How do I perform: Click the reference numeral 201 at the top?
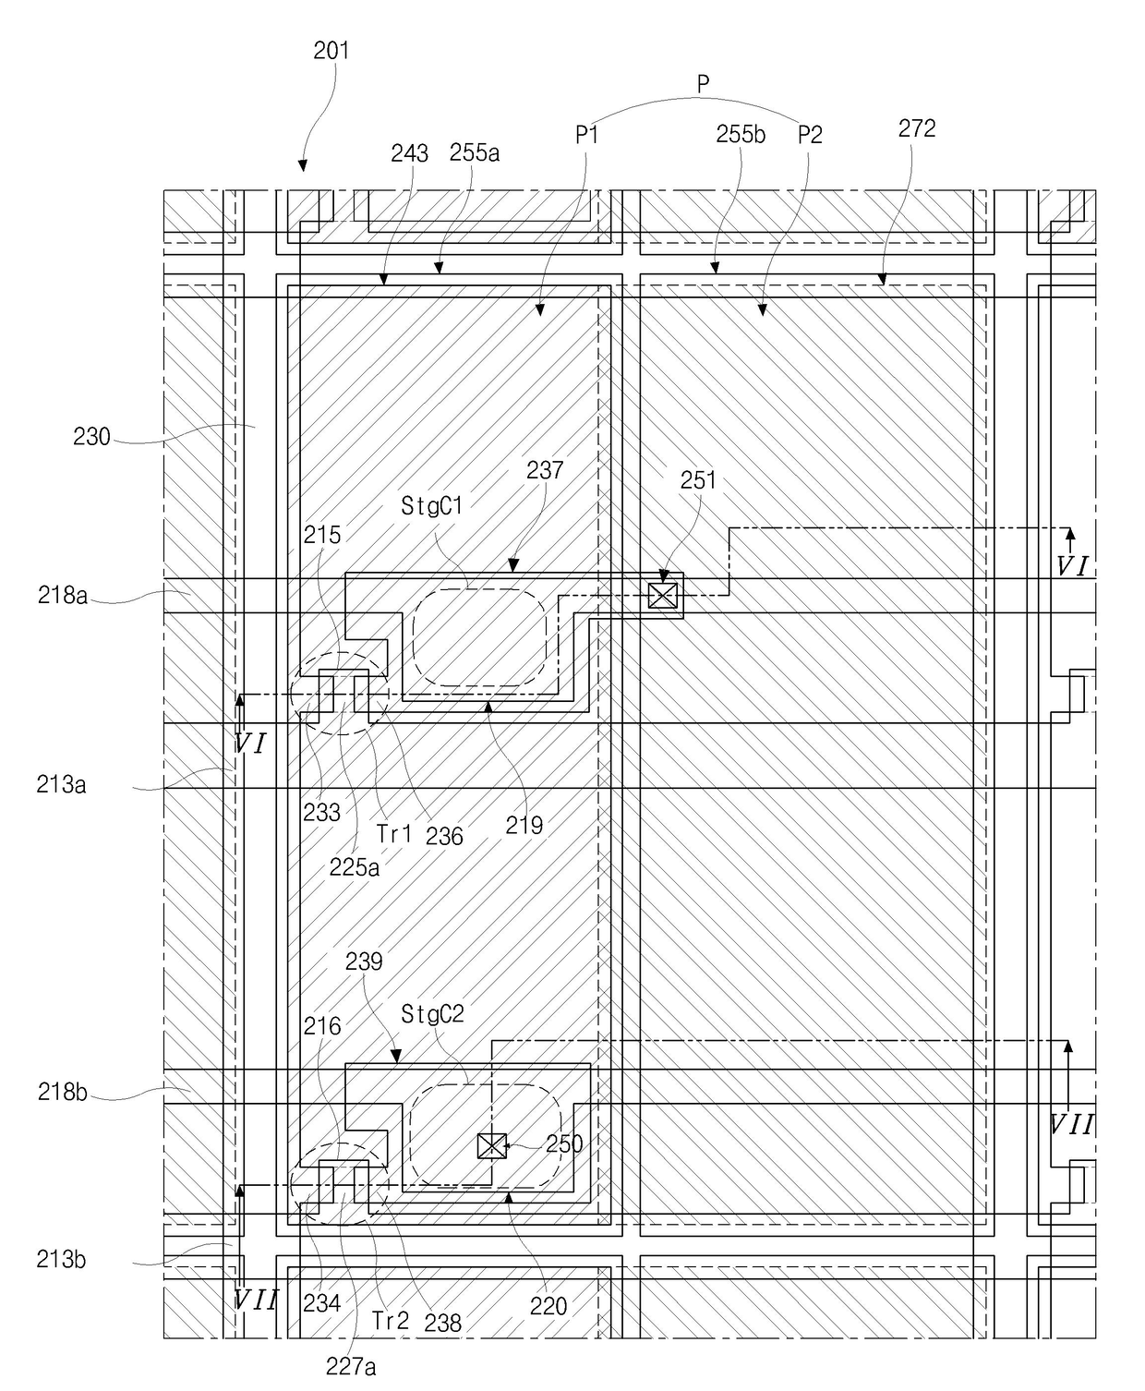point(331,50)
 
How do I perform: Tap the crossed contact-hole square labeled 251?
point(663,596)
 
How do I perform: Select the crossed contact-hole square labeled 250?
point(491,1146)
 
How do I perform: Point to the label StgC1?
point(432,506)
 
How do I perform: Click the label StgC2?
point(432,1015)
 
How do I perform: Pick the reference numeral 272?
point(917,128)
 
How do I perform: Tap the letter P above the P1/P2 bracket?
point(703,85)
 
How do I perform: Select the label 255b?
point(741,134)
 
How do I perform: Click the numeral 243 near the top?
point(409,153)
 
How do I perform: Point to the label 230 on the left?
point(91,437)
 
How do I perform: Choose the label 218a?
point(63,596)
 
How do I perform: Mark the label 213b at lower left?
point(62,1259)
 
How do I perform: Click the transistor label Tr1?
point(394,833)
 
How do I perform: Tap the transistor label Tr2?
point(391,1321)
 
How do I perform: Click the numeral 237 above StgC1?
point(545,470)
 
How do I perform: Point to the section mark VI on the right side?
point(1071,566)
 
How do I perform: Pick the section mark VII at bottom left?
point(255,1300)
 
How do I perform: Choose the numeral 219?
point(524,825)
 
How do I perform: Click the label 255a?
point(475,152)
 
